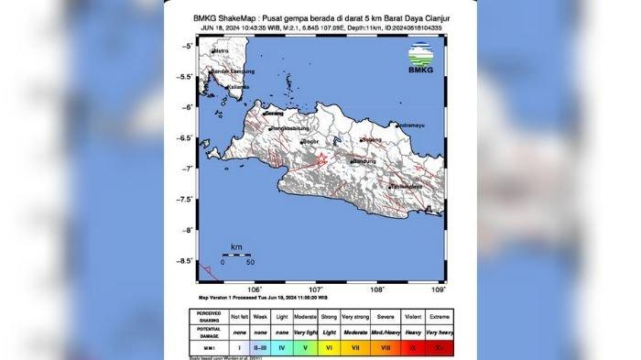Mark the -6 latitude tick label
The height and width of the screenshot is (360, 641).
click(189, 107)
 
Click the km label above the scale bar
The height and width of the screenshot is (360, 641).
click(236, 247)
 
